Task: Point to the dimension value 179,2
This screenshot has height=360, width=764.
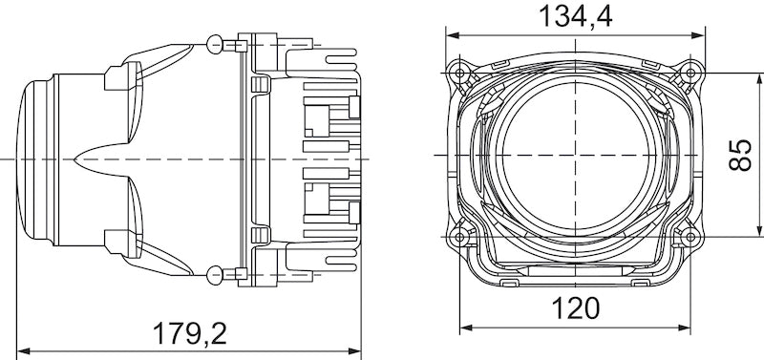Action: click(189, 333)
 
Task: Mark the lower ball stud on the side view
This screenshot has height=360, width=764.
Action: click(213, 277)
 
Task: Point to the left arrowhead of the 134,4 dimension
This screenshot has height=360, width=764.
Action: click(450, 33)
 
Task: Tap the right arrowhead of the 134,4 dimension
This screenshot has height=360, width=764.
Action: click(704, 33)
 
